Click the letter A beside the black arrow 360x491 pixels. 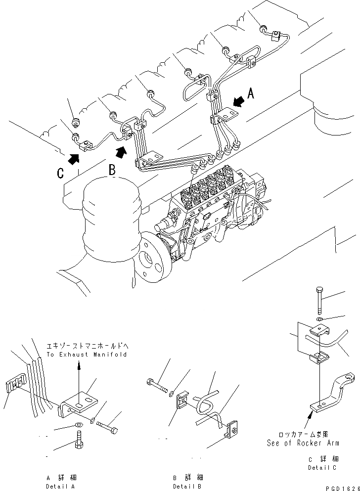coord(251,93)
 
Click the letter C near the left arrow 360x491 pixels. coord(60,173)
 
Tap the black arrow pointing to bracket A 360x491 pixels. coord(238,102)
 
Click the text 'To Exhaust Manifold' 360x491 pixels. coord(87,355)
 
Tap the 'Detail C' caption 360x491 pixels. coord(323,467)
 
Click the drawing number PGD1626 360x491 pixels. coord(342,487)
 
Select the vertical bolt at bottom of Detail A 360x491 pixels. coord(79,439)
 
